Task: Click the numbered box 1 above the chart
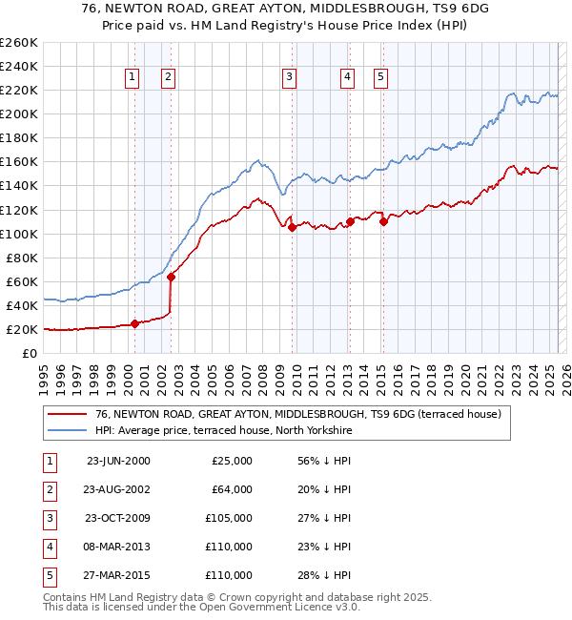pyautogui.click(x=131, y=78)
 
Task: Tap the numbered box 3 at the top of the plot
pyautogui.click(x=288, y=78)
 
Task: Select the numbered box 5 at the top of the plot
pyautogui.click(x=380, y=78)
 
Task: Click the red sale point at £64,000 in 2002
pyautogui.click(x=171, y=277)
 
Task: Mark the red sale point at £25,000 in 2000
pyautogui.click(x=134, y=323)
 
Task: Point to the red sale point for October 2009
pyautogui.click(x=292, y=228)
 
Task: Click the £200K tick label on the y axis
pyautogui.click(x=19, y=114)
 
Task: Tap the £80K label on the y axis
pyautogui.click(x=22, y=258)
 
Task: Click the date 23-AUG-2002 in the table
pyautogui.click(x=118, y=489)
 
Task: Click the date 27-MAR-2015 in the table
pyautogui.click(x=118, y=575)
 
